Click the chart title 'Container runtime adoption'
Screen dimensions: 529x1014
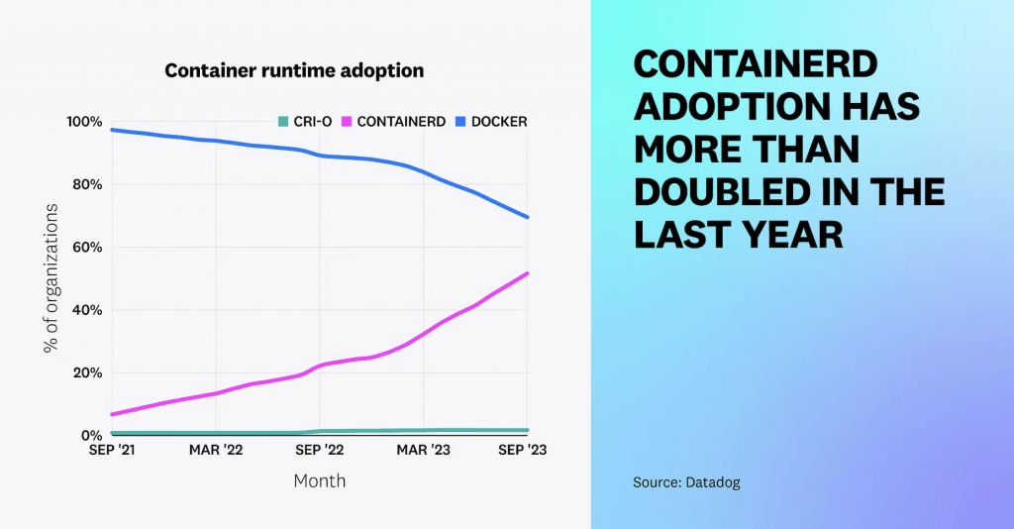coord(294,71)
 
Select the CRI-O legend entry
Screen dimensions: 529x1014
coord(304,122)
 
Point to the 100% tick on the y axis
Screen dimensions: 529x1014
coord(84,122)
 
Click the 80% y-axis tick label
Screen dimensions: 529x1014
coord(87,184)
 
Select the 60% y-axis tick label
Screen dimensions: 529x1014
coord(87,248)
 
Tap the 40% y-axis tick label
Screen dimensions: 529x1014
coord(87,310)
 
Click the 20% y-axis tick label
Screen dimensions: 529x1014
coord(87,373)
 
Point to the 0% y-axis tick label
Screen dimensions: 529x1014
coord(91,436)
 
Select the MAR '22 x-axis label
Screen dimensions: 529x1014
coord(215,450)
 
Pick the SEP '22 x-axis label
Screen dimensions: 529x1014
coord(319,450)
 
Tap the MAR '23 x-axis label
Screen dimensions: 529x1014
coord(423,450)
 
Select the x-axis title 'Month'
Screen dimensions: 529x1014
coord(319,480)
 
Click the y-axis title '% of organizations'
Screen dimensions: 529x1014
coord(49,278)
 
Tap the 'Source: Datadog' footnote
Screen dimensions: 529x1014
coord(686,482)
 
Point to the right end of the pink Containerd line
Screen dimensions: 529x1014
coord(527,273)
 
